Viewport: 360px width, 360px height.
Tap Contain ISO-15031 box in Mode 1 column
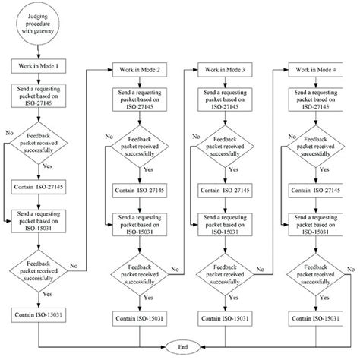coord(39,312)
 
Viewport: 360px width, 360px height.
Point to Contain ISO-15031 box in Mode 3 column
coord(227,318)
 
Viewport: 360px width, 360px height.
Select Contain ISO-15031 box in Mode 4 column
coord(317,318)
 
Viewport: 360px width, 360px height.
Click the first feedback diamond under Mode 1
coord(39,146)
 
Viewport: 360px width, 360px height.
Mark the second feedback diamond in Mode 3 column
coord(227,273)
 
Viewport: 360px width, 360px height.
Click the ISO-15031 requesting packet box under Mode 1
coord(39,220)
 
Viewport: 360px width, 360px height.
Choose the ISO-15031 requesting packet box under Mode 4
coord(317,226)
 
